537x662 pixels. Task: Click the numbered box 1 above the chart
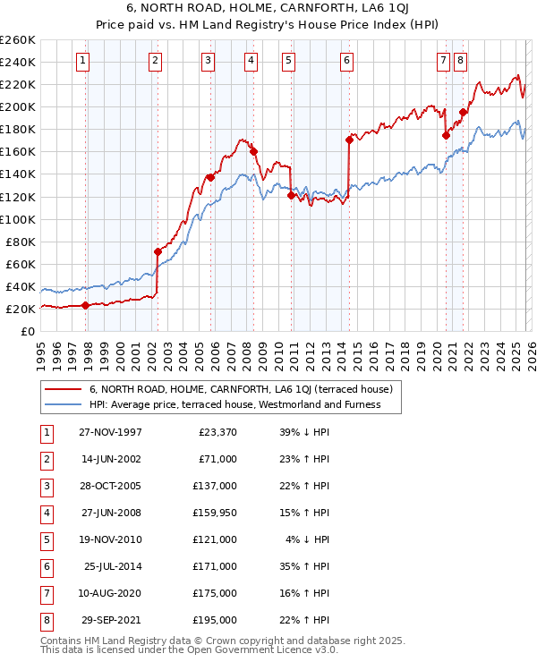click(82, 61)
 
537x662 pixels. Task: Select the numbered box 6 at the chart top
click(346, 61)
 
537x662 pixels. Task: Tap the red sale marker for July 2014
click(348, 140)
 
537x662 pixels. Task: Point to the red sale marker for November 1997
click(86, 305)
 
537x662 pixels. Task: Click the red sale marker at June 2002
click(158, 251)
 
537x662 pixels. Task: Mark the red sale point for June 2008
click(253, 151)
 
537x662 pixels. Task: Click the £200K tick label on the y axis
click(18, 106)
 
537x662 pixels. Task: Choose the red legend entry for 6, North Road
click(234, 389)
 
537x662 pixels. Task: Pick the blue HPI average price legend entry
click(234, 404)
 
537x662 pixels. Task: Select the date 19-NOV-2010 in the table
click(109, 539)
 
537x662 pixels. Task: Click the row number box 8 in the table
click(45, 620)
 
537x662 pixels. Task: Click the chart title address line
click(268, 9)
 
